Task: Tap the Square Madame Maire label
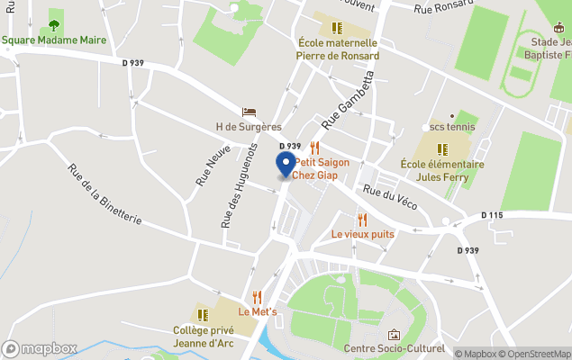point(53,40)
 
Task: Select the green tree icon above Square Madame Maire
point(54,25)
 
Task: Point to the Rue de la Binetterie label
point(105,199)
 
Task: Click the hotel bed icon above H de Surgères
point(249,112)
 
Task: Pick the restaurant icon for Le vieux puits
point(362,219)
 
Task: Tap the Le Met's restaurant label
point(263,311)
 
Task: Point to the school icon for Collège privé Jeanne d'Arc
point(215,314)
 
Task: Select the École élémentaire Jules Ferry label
point(442,170)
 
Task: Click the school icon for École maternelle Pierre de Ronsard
point(338,28)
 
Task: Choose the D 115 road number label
point(493,215)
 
